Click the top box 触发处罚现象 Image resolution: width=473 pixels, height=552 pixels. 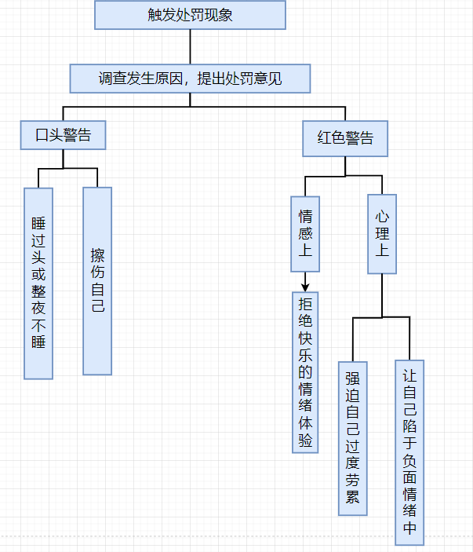(x=190, y=15)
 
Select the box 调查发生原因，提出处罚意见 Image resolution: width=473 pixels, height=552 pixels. (x=190, y=79)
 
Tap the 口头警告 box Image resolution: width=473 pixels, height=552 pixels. (x=64, y=135)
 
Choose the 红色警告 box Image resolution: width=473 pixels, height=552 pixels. (x=346, y=138)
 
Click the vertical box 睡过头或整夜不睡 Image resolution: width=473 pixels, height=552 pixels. (x=38, y=283)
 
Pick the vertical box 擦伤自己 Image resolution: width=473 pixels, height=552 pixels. (x=97, y=280)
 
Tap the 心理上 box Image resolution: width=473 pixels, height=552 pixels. (x=382, y=234)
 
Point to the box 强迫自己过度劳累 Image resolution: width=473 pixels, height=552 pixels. (x=353, y=438)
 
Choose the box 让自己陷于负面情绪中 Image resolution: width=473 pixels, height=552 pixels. (x=409, y=452)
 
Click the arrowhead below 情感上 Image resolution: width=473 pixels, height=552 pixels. (x=305, y=287)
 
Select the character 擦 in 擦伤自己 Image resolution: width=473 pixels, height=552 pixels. (x=97, y=255)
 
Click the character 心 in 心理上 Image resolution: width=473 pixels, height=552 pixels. (x=382, y=215)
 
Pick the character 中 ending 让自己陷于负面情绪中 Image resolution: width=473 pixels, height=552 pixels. (x=409, y=528)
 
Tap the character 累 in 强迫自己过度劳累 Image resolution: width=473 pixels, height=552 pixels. (x=353, y=497)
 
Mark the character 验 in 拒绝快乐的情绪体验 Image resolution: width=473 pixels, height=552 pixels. (x=305, y=441)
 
